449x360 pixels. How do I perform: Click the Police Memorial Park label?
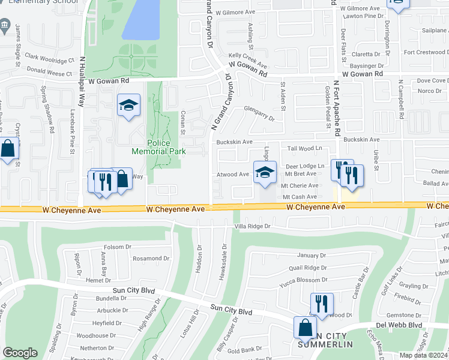pos(167,147)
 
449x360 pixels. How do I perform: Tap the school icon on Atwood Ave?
pos(265,173)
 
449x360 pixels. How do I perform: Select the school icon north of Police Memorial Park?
pos(128,106)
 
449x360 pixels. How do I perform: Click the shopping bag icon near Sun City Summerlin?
pos(305,328)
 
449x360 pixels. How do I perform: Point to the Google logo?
pos(20,353)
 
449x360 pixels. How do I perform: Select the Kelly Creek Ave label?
pos(247,64)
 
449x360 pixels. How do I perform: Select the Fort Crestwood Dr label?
pos(426,52)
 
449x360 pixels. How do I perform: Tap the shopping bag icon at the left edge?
pos(8,149)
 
